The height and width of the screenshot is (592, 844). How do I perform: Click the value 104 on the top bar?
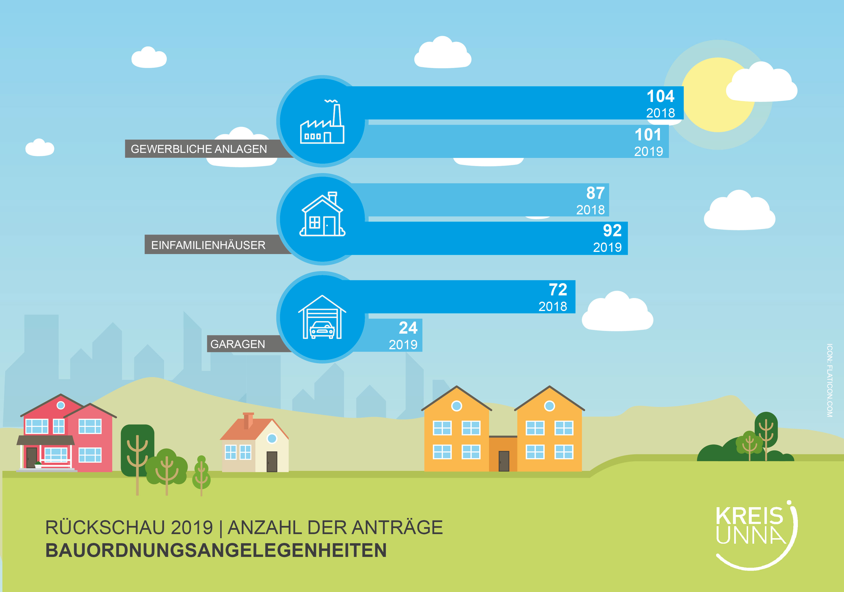pyautogui.click(x=661, y=96)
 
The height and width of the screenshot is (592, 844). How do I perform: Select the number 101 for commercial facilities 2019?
pyautogui.click(x=648, y=135)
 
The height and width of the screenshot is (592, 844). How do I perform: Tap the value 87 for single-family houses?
pyautogui.click(x=596, y=193)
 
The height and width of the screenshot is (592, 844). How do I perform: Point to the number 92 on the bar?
pyautogui.click(x=612, y=231)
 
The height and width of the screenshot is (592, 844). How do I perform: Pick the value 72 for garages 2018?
pyautogui.click(x=558, y=289)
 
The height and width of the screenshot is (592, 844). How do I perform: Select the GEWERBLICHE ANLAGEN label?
pyautogui.click(x=199, y=149)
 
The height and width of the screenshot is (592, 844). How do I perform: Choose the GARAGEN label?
pyautogui.click(x=237, y=344)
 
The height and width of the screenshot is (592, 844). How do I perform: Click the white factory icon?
pyautogui.click(x=322, y=121)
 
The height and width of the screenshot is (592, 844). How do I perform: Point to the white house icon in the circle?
pyautogui.click(x=322, y=214)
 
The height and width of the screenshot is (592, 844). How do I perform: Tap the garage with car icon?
pyautogui.click(x=322, y=317)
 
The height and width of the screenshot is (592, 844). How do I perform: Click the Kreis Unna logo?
pyautogui.click(x=756, y=535)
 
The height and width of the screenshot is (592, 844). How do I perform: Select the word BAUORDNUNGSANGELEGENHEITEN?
pyautogui.click(x=216, y=550)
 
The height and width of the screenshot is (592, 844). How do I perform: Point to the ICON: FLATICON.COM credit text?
pyautogui.click(x=830, y=380)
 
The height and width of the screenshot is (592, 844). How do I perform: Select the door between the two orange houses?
pyautogui.click(x=504, y=461)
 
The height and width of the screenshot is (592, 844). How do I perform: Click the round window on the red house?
pyautogui.click(x=61, y=405)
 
